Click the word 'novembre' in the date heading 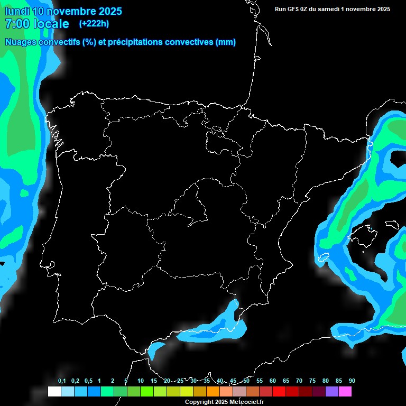point(71,11)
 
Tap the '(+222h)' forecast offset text point(94,23)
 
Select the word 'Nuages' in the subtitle point(22,42)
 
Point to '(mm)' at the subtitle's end point(226,42)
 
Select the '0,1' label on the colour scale point(62,381)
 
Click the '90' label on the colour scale point(352,381)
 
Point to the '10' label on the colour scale point(140,381)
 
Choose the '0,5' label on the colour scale point(88,381)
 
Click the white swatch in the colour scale point(54,391)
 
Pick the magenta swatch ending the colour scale point(345,391)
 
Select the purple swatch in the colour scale point(331,391)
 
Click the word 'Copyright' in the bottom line point(200,402)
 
